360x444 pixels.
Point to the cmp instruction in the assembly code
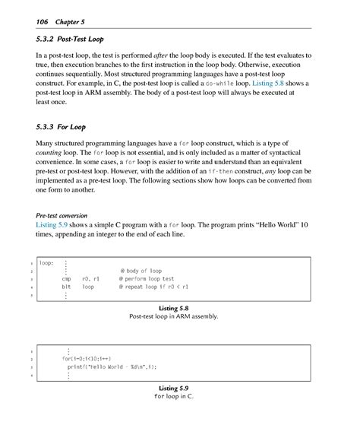coord(66,279)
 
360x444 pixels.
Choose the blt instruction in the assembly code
coord(66,287)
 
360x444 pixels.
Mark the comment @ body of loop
coord(142,271)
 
